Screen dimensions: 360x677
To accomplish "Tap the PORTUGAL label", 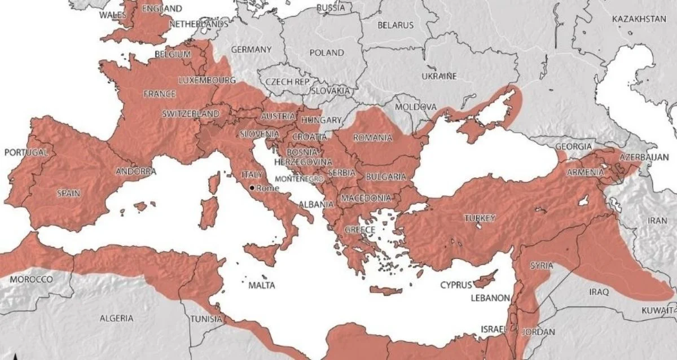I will tap(26, 153).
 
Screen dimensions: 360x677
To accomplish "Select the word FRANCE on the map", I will tap(159, 94).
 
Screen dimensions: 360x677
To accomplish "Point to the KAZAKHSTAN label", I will tap(639, 19).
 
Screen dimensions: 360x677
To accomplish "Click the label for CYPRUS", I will tap(455, 285).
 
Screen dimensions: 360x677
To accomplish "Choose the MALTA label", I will tap(262, 286).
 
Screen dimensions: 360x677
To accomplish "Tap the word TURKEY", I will tap(480, 218).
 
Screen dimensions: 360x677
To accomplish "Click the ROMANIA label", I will tap(372, 138).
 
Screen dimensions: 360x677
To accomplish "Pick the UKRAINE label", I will tap(439, 76).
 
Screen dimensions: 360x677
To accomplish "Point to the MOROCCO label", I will tap(31, 279).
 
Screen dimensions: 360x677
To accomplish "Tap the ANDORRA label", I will tap(135, 171).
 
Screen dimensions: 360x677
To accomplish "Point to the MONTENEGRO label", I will tap(299, 178).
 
